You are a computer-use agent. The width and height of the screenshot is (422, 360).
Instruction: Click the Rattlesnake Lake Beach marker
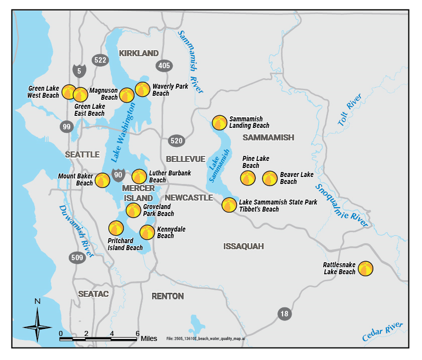point(365,269)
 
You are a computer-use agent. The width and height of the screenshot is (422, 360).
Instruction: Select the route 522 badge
point(100,60)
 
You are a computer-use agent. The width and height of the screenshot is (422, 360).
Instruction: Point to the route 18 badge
point(285,314)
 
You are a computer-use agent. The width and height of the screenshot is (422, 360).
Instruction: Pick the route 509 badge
point(77,258)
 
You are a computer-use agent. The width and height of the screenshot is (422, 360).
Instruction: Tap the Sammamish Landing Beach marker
point(219,122)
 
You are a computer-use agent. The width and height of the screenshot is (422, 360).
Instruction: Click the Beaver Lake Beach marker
point(270,178)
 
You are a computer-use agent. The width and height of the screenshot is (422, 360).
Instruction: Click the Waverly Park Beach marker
point(143,89)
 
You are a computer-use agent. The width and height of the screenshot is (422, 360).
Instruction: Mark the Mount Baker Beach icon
point(103,180)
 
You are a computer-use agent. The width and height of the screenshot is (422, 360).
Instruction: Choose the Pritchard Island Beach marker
point(116,228)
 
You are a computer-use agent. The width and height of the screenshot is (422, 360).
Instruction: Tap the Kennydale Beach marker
point(147,232)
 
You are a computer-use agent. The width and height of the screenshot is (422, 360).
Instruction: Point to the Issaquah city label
point(243,246)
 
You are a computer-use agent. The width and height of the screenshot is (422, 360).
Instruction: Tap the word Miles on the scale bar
point(149,338)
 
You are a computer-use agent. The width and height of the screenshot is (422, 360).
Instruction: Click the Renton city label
point(168,296)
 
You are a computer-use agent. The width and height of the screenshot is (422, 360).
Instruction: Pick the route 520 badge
point(176,141)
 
